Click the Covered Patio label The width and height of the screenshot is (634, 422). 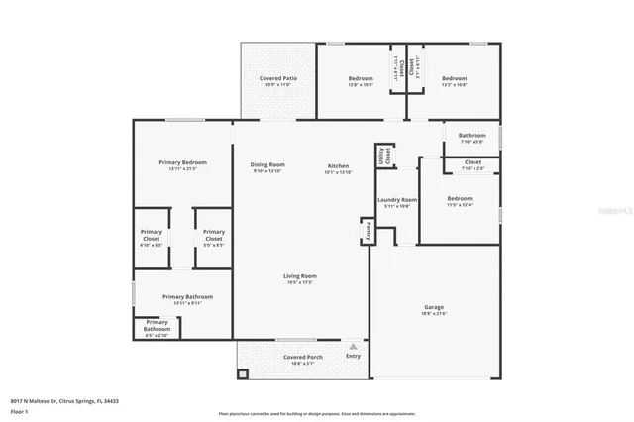pyautogui.click(x=278, y=78)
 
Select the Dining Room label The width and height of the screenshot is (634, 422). pyautogui.click(x=267, y=165)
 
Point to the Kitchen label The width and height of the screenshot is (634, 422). pyautogui.click(x=339, y=165)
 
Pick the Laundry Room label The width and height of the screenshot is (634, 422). pyautogui.click(x=397, y=200)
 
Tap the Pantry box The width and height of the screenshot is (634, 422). pyautogui.click(x=365, y=230)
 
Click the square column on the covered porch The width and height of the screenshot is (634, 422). pyautogui.click(x=242, y=375)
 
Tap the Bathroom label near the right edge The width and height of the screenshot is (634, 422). pyautogui.click(x=472, y=136)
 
